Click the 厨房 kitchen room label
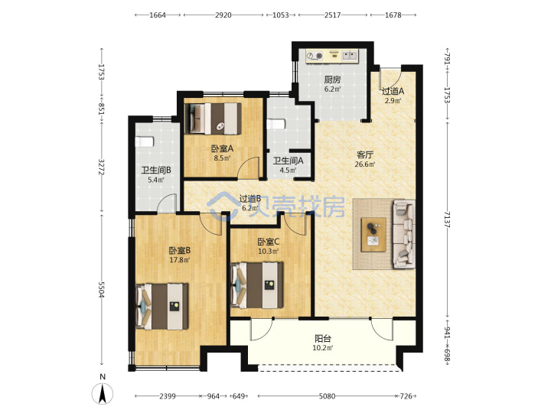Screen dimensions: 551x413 (x=332, y=80)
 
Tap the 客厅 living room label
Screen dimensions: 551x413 (x=365, y=154)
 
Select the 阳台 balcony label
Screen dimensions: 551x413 (x=323, y=339)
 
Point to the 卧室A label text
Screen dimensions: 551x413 (x=222, y=148)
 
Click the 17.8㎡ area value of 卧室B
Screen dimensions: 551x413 (x=180, y=260)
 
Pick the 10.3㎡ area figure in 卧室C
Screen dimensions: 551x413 (x=268, y=252)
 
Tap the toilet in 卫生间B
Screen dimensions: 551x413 (x=145, y=141)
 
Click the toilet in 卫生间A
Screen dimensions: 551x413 (x=275, y=125)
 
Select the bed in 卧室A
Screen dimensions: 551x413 (x=214, y=119)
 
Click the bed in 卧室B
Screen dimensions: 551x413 (x=162, y=307)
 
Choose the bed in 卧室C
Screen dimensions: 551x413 (x=257, y=285)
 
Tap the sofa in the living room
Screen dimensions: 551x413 (x=404, y=234)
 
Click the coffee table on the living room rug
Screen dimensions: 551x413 (x=374, y=235)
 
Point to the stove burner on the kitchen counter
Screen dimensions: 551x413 (x=315, y=56)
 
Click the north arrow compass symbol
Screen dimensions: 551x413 (x=103, y=392)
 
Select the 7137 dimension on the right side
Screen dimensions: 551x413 (x=447, y=220)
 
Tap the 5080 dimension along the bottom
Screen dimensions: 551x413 (x=327, y=396)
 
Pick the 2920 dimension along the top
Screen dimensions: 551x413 (x=223, y=15)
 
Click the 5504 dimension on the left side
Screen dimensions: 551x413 (x=102, y=290)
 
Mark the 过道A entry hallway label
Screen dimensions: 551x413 (x=393, y=91)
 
